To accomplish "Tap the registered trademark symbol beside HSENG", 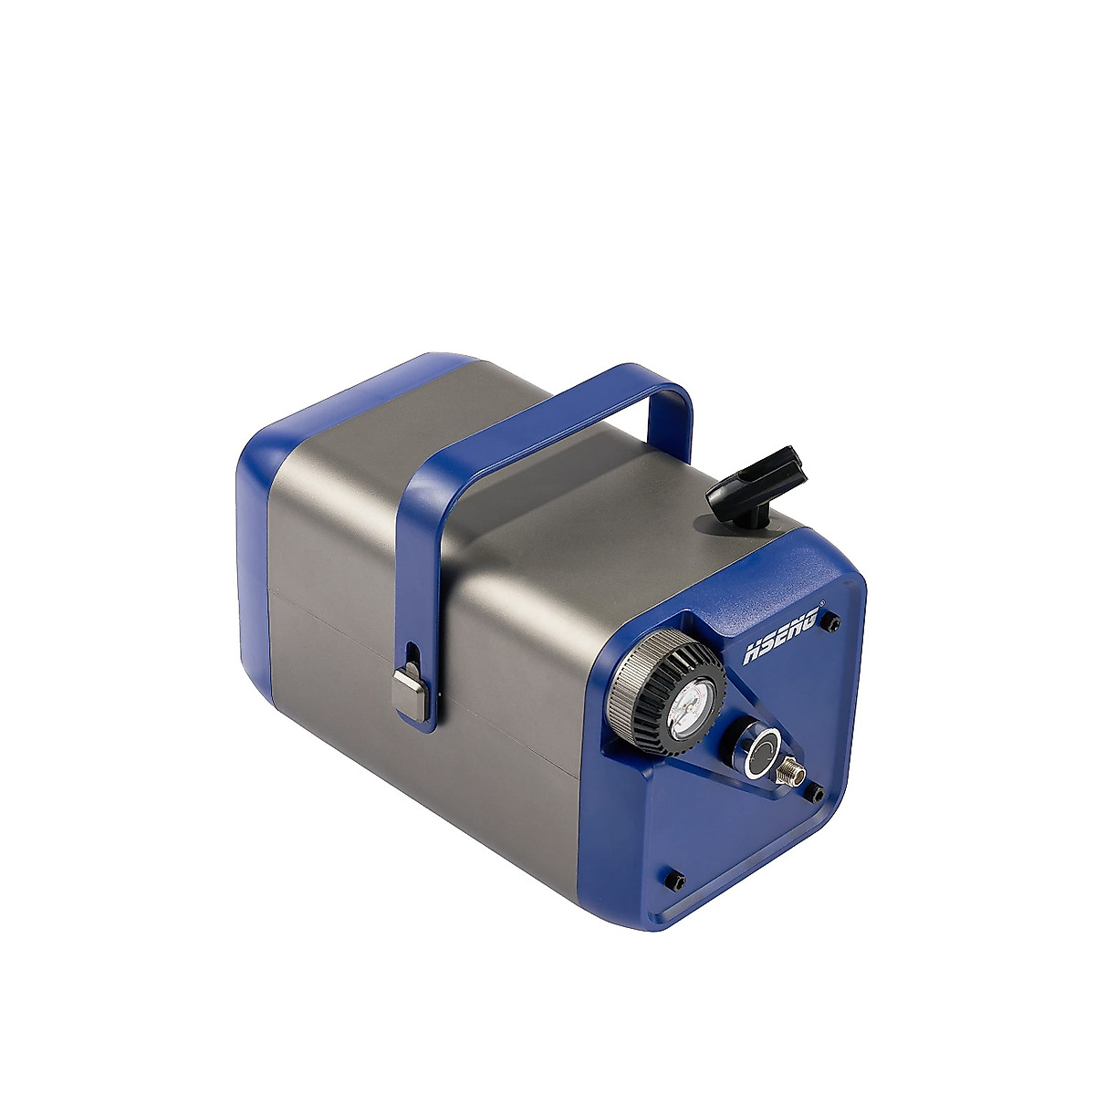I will pos(825,604).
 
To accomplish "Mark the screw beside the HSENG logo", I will pos(833,624).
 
